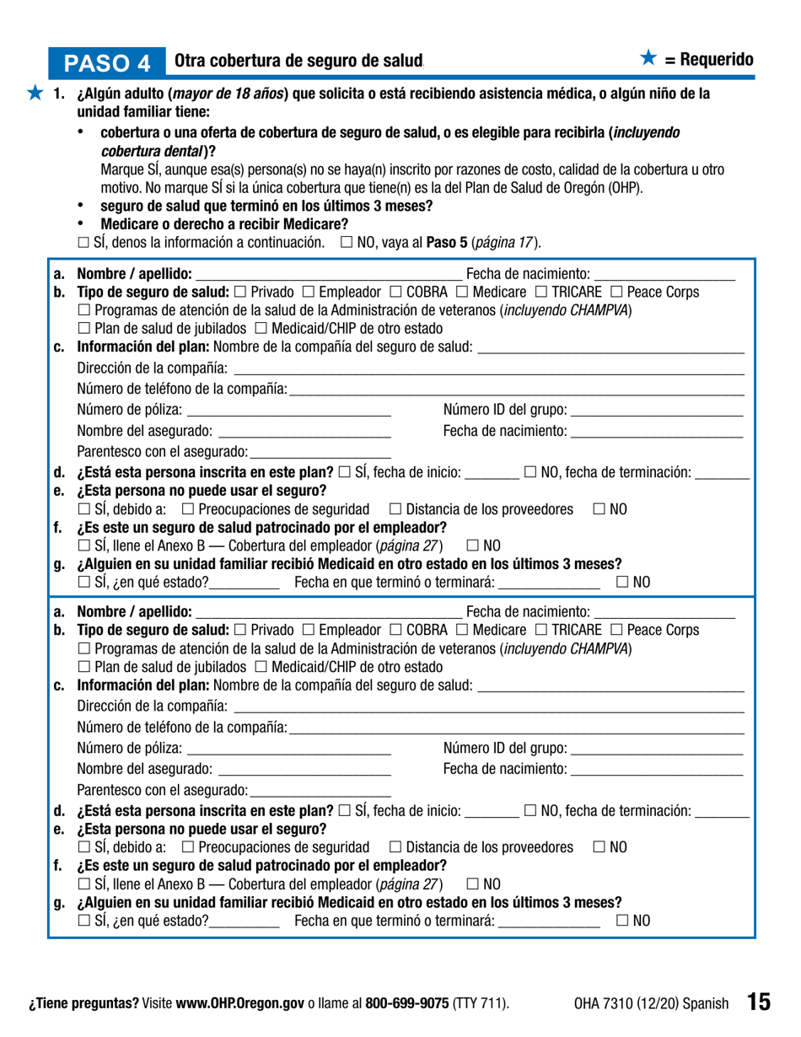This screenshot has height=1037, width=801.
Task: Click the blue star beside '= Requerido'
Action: [648, 59]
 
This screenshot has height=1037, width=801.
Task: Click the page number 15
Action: [757, 1002]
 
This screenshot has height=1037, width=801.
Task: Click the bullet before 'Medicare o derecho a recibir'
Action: [82, 224]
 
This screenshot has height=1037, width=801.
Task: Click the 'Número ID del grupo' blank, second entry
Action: [657, 748]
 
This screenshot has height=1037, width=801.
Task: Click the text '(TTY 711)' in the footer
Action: [481, 1003]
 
